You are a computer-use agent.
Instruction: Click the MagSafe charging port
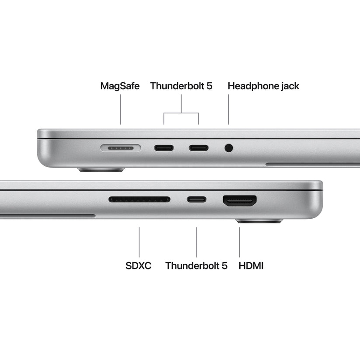[120, 148]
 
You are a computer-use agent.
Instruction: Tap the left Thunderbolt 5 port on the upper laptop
[164, 148]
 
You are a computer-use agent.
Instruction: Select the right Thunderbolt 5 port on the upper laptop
[199, 148]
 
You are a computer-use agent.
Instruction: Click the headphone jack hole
[229, 148]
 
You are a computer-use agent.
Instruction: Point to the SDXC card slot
[139, 199]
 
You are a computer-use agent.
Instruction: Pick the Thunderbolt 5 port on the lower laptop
[196, 200]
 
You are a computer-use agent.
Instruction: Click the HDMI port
[240, 201]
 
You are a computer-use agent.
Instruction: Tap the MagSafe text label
[120, 86]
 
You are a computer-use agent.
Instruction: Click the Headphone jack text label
[263, 86]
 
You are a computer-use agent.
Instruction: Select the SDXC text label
[138, 266]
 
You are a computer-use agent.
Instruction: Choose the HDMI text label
[251, 266]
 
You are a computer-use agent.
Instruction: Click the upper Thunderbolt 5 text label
[181, 86]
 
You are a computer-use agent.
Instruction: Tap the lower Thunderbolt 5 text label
[196, 266]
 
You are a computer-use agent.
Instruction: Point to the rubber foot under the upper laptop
[101, 170]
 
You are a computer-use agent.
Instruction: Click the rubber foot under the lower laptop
[259, 222]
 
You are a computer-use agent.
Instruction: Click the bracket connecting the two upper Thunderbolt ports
[181, 113]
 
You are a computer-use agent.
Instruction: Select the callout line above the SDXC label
[139, 242]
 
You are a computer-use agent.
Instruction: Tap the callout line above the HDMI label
[240, 242]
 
